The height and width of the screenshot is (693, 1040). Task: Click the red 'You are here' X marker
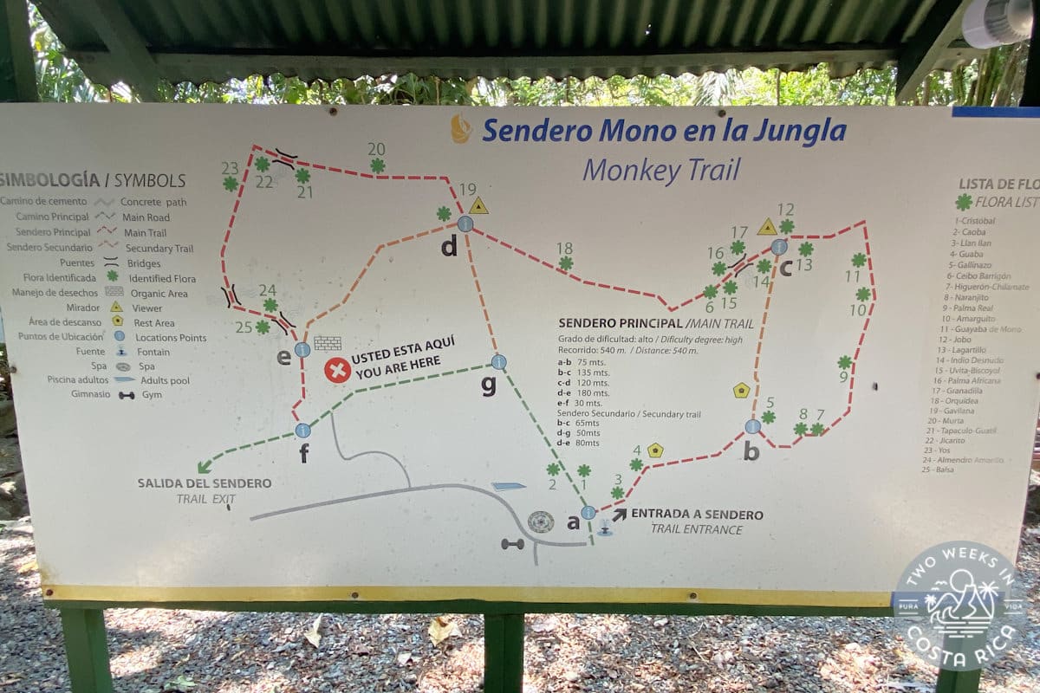tap(337, 371)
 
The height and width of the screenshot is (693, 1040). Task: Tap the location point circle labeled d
tap(465, 223)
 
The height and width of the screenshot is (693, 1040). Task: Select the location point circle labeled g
tap(498, 361)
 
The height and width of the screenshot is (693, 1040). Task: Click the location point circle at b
tap(752, 426)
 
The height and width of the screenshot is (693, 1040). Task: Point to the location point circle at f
tap(302, 430)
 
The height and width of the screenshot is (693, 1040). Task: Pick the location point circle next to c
tap(779, 247)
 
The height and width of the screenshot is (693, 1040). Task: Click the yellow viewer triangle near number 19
tap(478, 206)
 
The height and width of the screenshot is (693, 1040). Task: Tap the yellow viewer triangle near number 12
tap(767, 227)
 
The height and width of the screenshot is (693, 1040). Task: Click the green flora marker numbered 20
tap(378, 165)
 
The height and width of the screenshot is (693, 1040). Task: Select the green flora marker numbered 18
tap(566, 263)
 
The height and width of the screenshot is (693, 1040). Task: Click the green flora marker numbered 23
tap(231, 184)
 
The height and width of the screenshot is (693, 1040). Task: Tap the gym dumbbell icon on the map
tap(512, 544)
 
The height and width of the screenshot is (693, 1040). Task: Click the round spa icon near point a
tap(541, 522)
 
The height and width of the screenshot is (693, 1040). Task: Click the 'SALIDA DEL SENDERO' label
tap(204, 483)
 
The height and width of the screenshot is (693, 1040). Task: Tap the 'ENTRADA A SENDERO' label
tap(697, 515)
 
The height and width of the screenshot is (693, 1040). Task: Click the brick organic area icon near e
tap(328, 343)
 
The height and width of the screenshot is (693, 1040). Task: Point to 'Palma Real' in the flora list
tap(972, 308)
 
